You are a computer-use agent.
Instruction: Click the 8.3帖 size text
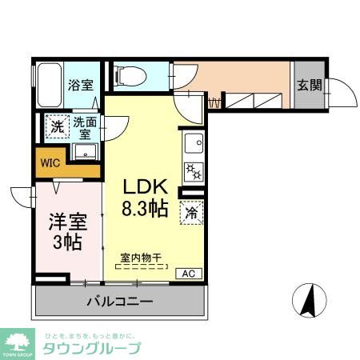point(144,210)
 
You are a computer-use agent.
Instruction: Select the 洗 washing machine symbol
point(56,126)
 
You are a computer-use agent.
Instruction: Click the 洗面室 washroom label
point(84,128)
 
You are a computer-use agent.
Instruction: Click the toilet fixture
point(132,74)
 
